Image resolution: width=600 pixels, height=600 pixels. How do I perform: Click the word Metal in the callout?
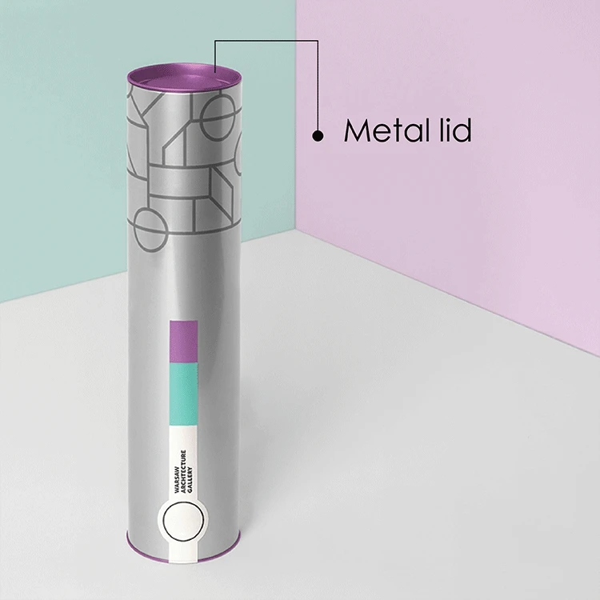tap(386, 130)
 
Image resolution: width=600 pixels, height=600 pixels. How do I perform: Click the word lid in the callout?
tap(455, 130)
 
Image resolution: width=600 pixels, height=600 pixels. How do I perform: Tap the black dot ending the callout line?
tap(318, 135)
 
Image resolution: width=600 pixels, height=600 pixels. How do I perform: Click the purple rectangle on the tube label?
tap(184, 342)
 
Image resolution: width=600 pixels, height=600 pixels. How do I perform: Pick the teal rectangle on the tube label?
tap(184, 394)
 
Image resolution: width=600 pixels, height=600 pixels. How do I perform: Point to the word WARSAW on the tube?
tap(177, 478)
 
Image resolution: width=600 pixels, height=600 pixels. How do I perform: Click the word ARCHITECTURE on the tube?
tap(183, 471)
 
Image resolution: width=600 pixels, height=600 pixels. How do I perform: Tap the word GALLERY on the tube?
tap(190, 479)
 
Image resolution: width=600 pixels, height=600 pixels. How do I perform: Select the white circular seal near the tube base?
tap(183, 521)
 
